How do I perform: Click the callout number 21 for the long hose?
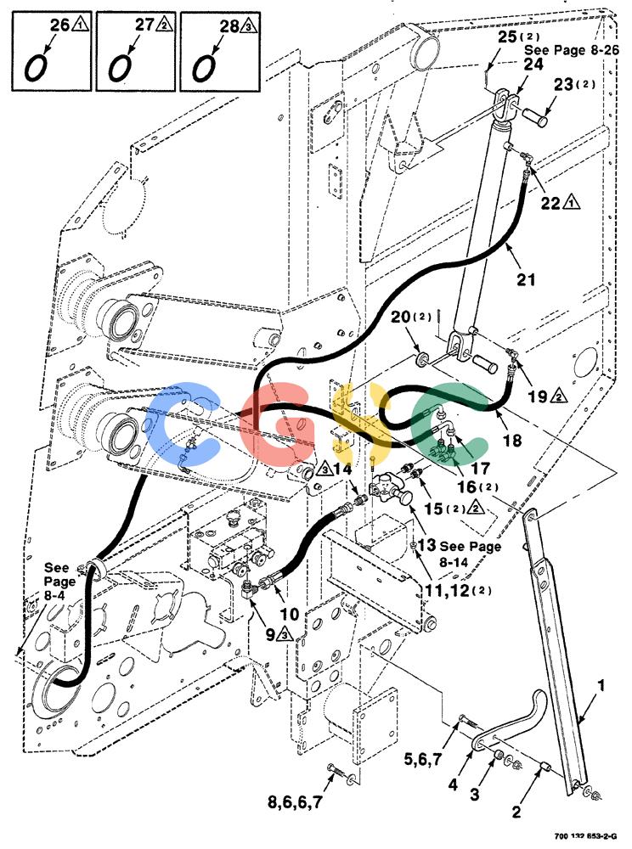(525, 280)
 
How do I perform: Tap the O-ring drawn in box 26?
(37, 66)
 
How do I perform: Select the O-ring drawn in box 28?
(205, 66)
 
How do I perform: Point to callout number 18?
(511, 440)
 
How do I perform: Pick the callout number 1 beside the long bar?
(601, 686)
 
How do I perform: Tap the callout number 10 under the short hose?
(289, 614)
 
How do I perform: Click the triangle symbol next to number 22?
(571, 203)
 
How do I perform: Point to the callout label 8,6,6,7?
(295, 801)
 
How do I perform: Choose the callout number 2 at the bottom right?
(516, 811)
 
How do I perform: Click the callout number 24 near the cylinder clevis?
(533, 65)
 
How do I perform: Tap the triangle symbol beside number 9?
(285, 634)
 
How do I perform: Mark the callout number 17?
(480, 467)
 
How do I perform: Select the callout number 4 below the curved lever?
(453, 784)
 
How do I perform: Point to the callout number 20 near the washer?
(401, 316)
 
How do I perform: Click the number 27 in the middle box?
(144, 24)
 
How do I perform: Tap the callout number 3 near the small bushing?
(474, 794)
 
